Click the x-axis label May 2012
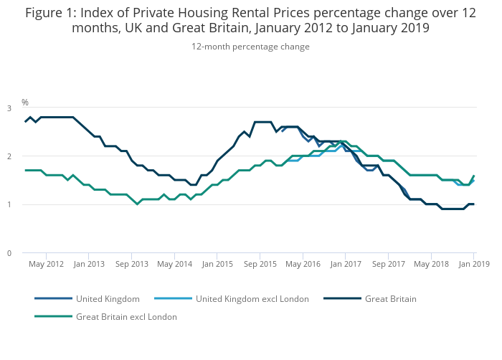(x=47, y=264)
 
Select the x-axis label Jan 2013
(x=89, y=264)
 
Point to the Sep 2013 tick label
(x=132, y=264)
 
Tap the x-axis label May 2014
(x=174, y=264)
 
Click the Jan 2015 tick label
(x=217, y=264)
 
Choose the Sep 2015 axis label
(x=260, y=264)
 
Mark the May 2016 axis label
(x=303, y=264)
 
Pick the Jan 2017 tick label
(x=345, y=264)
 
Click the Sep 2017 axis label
(x=388, y=264)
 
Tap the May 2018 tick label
(x=431, y=264)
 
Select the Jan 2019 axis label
(x=474, y=264)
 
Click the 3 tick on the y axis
(x=9, y=108)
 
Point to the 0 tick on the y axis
(x=9, y=253)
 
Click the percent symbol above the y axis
(x=25, y=102)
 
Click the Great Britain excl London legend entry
(x=126, y=316)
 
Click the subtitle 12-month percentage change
(x=250, y=47)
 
